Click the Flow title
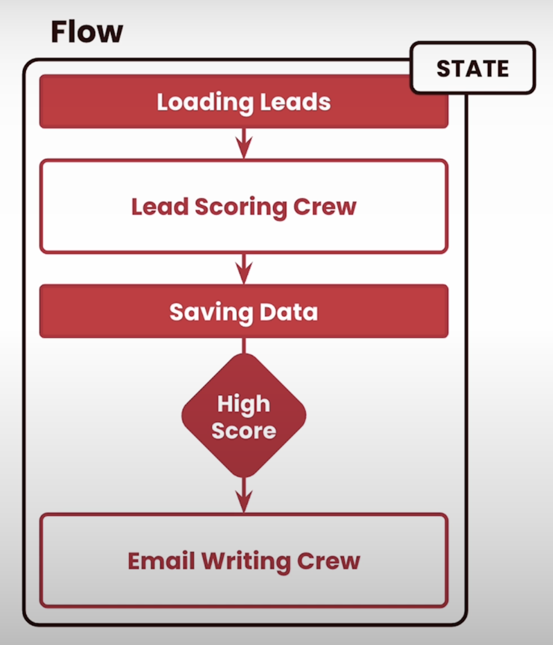[x=86, y=32]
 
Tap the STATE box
[x=473, y=68]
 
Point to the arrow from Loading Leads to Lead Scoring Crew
[x=244, y=143]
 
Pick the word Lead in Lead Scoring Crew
[x=159, y=207]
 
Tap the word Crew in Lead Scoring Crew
[x=325, y=207]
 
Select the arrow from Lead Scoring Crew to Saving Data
[x=244, y=269]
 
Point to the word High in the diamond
[x=244, y=404]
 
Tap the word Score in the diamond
[x=244, y=431]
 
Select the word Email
[x=161, y=561]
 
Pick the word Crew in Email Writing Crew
[x=328, y=561]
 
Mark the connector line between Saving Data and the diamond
[x=244, y=346]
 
